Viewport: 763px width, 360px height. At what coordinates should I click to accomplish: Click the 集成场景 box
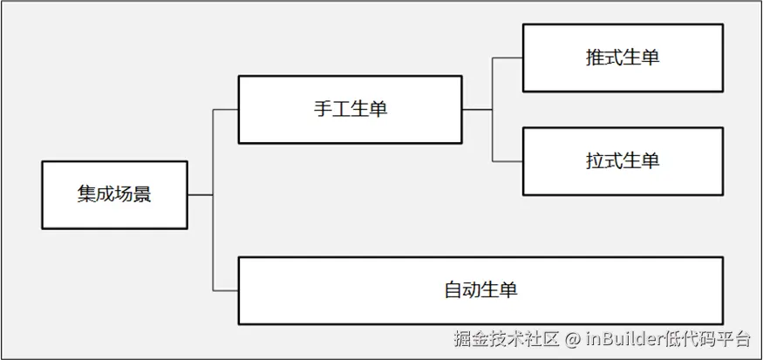(114, 194)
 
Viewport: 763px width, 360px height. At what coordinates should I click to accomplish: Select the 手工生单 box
(350, 110)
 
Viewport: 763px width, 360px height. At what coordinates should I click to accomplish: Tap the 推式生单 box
(623, 58)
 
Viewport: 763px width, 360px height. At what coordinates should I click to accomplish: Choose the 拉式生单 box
(623, 161)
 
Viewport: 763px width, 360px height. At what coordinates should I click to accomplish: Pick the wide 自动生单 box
(480, 290)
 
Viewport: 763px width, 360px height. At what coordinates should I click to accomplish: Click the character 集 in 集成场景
(86, 194)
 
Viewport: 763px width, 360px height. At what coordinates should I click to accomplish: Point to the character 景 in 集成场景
(142, 194)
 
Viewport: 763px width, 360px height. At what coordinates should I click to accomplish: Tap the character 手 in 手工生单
(323, 109)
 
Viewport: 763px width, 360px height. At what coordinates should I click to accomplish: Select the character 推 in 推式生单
(595, 58)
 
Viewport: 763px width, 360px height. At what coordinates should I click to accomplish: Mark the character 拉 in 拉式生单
(595, 160)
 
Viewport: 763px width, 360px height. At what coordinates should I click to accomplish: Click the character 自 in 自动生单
(453, 290)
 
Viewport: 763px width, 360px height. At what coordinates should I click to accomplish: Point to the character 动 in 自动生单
(472, 290)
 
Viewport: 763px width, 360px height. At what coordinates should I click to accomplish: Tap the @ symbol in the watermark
(573, 338)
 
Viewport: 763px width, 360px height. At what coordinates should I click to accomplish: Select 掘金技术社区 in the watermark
(506, 338)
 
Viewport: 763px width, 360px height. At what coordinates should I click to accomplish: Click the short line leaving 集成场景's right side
(201, 195)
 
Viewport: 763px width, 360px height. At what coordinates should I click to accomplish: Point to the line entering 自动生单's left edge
(226, 291)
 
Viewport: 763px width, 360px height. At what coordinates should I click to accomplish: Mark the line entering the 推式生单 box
(508, 58)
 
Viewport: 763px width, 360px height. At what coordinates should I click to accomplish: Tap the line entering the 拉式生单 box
(508, 161)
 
